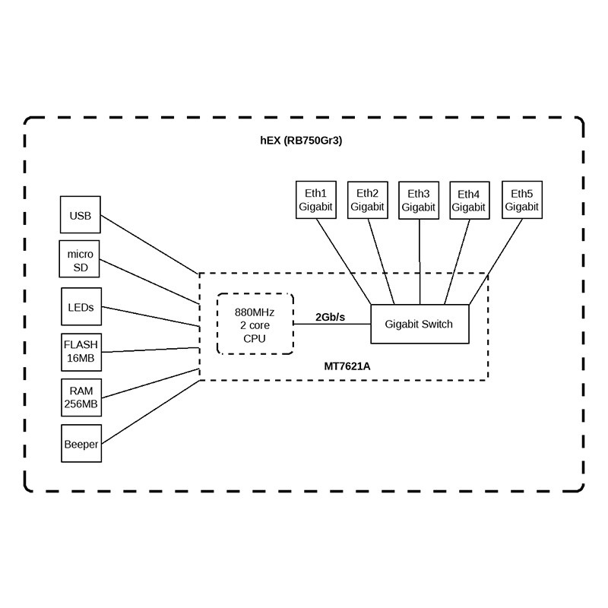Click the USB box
(x=80, y=216)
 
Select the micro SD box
(x=80, y=259)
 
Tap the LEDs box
(x=80, y=308)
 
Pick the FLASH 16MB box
(x=80, y=352)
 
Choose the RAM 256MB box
(x=80, y=397)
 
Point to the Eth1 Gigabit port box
(x=315, y=200)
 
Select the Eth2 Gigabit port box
(x=368, y=200)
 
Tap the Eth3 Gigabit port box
(x=419, y=200)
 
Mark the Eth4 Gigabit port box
(x=469, y=200)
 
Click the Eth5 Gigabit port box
(x=522, y=199)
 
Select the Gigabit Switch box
(x=419, y=324)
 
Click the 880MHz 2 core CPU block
(x=255, y=324)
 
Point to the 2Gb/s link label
(x=330, y=316)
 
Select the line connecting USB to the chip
(x=149, y=243)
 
